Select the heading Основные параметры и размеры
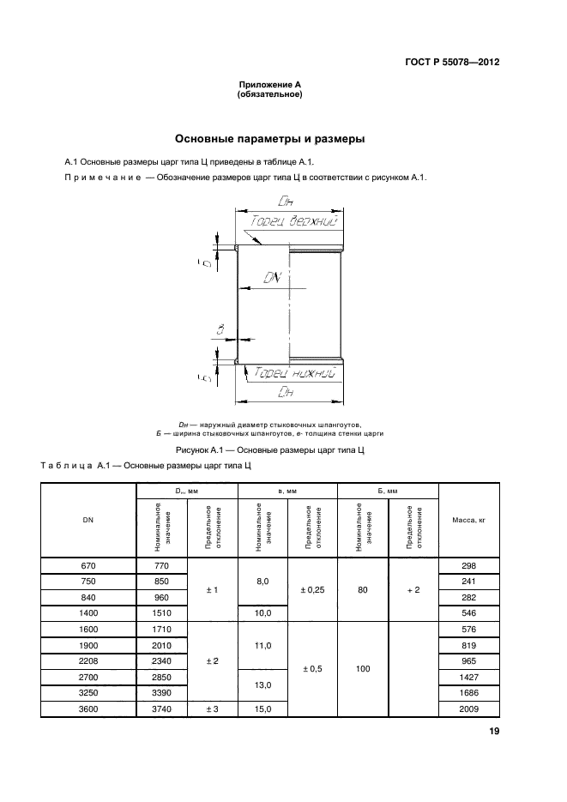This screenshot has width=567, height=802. coord(270,138)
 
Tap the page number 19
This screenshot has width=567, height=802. coord(494,731)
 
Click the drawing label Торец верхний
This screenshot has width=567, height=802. coord(292,221)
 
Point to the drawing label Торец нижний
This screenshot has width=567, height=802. coord(293,373)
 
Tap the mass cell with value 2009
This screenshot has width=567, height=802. coord(468,709)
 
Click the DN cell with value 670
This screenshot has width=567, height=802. coord(88,565)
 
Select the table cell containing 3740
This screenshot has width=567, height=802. coord(162,709)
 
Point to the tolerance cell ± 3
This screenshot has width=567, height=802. coord(212,709)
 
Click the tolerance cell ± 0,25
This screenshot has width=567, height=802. coord(312,589)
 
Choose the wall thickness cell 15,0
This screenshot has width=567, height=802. coord(262,709)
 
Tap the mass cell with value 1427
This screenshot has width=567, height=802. coord(468,677)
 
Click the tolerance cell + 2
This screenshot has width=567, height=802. coord(413,589)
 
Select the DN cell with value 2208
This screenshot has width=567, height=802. coord(88,660)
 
